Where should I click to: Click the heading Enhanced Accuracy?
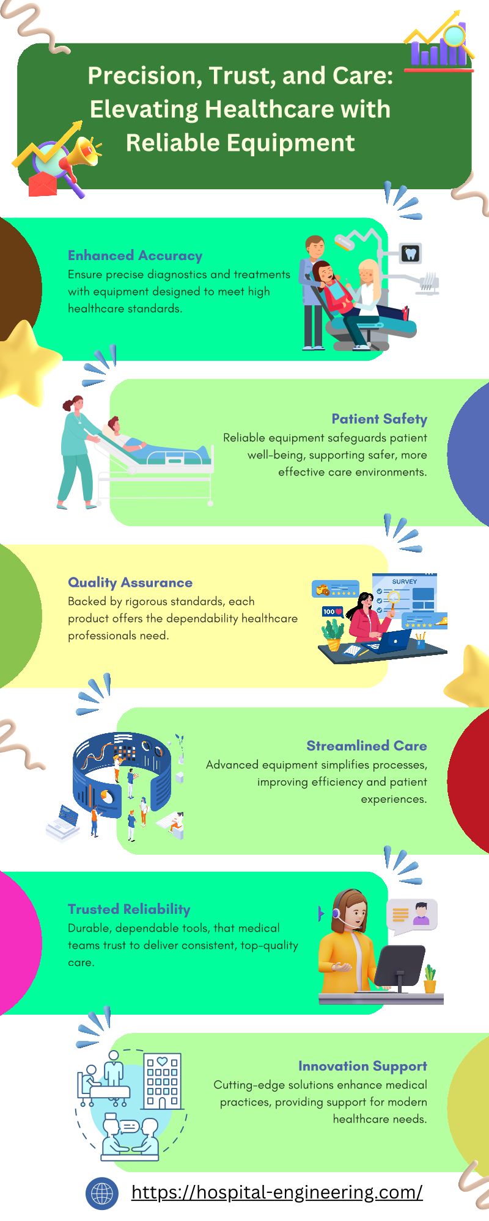[x=135, y=256]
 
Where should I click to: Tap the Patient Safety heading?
[x=379, y=419]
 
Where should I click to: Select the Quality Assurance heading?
[x=130, y=582]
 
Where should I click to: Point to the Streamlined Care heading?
[x=367, y=745]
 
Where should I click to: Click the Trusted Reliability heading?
[x=129, y=909]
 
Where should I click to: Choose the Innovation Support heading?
[x=362, y=1066]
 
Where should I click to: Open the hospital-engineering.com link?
[x=277, y=1192]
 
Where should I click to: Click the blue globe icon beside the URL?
[x=102, y=1194]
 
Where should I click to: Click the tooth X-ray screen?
[x=411, y=253]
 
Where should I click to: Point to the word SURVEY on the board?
[x=405, y=582]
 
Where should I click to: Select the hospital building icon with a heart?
[x=162, y=1081]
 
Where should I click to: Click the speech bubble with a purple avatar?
[x=413, y=916]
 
